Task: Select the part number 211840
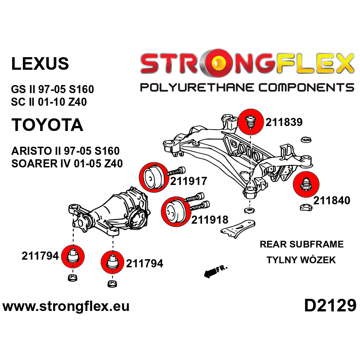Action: coord(332,201)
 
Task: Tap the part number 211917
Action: coord(189,181)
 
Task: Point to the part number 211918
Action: coord(210,220)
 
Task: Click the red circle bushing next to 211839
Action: coord(250,121)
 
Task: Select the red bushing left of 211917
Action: coord(153,178)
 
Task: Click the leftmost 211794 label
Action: coord(40,256)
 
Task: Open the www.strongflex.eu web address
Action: coord(66,307)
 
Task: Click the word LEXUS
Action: coord(40,63)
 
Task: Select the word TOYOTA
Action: coord(47,125)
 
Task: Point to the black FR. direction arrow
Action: coord(215,271)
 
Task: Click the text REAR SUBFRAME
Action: coord(301,244)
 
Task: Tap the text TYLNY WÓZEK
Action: coord(301,260)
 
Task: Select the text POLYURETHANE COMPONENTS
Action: coord(247,87)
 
